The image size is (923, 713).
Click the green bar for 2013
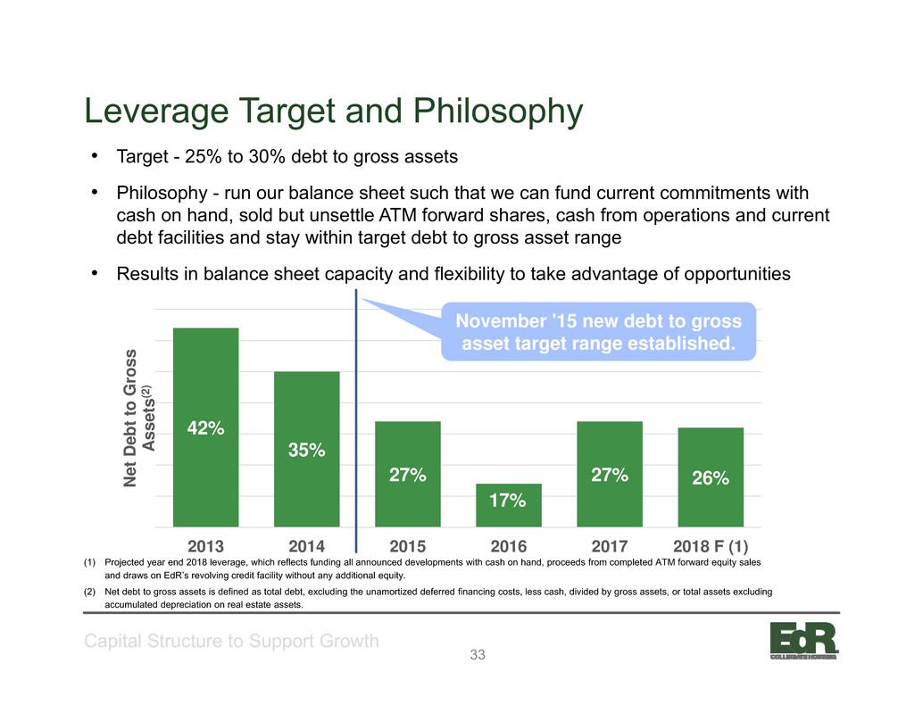coord(205,427)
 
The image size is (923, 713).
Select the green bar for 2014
coord(307,449)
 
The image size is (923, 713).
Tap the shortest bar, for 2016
coord(509,505)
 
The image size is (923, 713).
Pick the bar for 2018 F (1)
coord(711,477)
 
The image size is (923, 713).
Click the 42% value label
coord(205,428)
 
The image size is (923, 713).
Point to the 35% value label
coord(307,450)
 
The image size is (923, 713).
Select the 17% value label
coord(507,500)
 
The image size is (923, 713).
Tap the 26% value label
coord(711,477)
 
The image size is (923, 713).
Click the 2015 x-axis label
coord(407,546)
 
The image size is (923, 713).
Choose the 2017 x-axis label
coord(610,546)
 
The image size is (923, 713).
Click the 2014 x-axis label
coord(307,546)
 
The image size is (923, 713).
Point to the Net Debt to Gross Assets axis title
coord(138,419)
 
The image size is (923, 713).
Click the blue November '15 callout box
coord(599,331)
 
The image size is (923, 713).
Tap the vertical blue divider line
coord(356,420)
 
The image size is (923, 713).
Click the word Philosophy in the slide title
coord(497,112)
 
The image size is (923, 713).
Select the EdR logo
coord(803,641)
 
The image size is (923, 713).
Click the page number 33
coord(478,654)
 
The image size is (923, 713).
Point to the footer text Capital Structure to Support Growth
coord(231,641)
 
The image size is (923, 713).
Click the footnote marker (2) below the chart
coord(89,592)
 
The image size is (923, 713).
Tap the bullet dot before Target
coord(94,156)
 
